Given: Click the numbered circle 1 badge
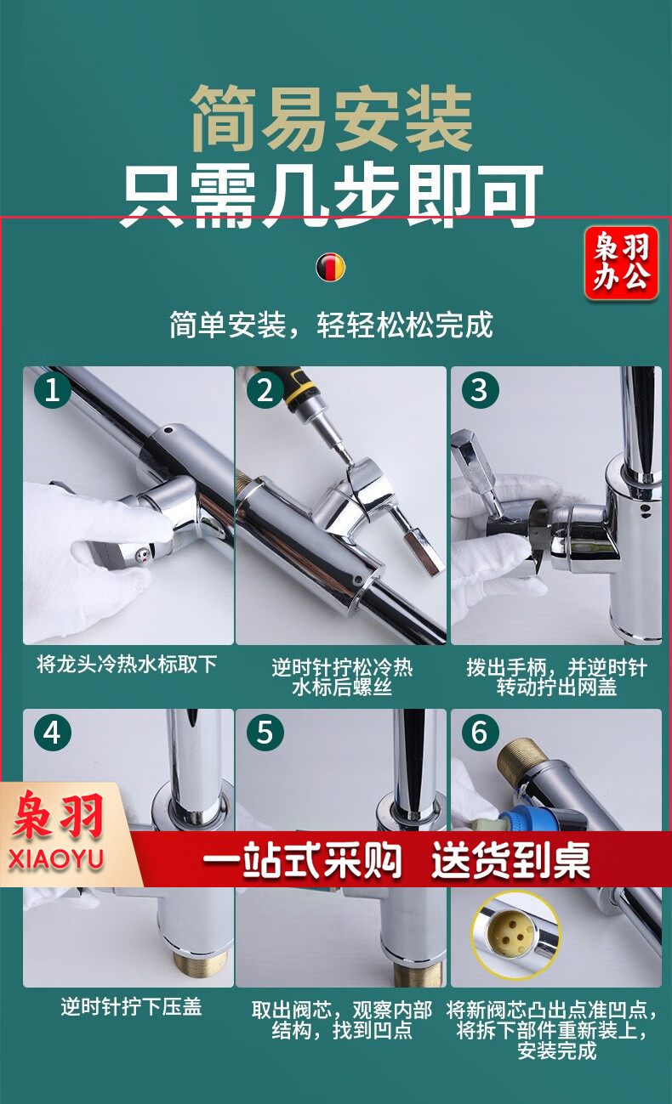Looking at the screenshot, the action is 52,390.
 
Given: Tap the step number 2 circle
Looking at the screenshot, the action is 265,390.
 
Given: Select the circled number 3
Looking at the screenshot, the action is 480,390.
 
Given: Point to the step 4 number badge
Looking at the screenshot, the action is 52,733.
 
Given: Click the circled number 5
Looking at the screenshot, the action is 265,733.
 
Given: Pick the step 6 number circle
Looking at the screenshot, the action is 480,733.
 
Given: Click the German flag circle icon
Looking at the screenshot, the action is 331,267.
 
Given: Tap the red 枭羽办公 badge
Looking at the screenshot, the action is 621,263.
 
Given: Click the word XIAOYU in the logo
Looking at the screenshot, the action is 56,859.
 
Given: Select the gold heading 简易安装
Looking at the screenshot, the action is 332,119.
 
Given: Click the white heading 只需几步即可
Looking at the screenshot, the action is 332,195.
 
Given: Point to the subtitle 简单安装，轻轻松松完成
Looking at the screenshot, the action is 331,325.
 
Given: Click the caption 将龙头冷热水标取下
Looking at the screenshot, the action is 127,664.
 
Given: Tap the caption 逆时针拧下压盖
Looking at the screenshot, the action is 131,1006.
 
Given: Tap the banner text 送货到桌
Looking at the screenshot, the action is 511,861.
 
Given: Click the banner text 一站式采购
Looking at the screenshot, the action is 302,861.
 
